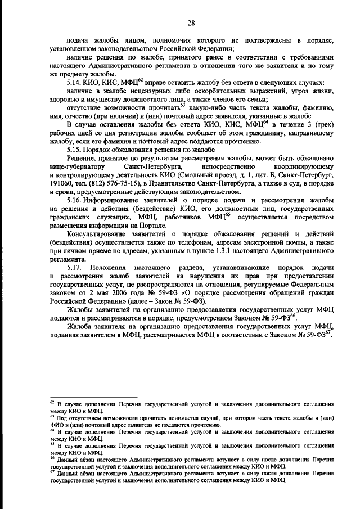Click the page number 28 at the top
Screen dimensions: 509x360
pyautogui.click(x=191, y=22)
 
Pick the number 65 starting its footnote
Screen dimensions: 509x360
pyautogui.click(x=52, y=443)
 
